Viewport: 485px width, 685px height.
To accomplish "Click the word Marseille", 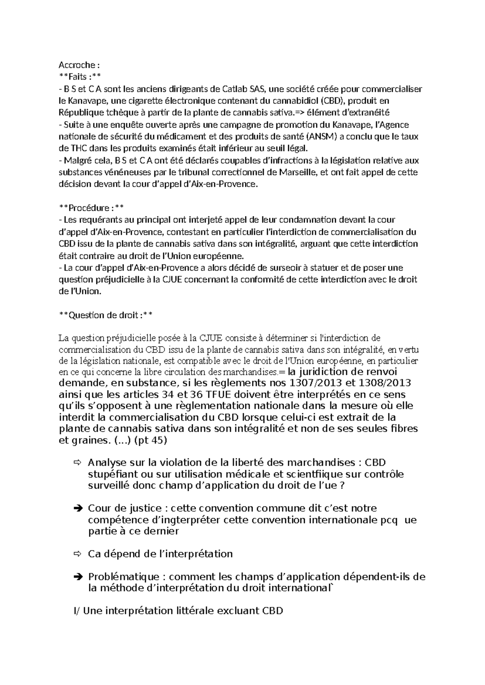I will pyautogui.click(x=297, y=172).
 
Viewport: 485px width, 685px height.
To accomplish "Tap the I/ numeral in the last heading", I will pyautogui.click(x=76, y=611).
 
